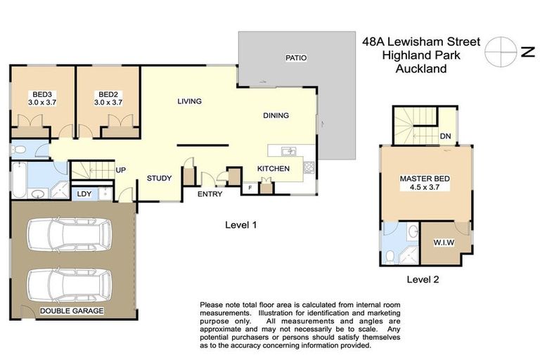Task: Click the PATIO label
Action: pyautogui.click(x=296, y=58)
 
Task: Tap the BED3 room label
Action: pyautogui.click(x=40, y=94)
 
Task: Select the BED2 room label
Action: pyautogui.click(x=108, y=94)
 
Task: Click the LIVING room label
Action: pyautogui.click(x=189, y=101)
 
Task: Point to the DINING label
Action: pyautogui.click(x=276, y=115)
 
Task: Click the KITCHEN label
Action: pyautogui.click(x=274, y=169)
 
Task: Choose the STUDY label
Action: pyautogui.click(x=159, y=178)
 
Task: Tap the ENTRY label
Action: pyautogui.click(x=210, y=194)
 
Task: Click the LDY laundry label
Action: pyautogui.click(x=84, y=193)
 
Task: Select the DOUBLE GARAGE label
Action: pyautogui.click(x=72, y=310)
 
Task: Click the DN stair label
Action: pyautogui.click(x=445, y=136)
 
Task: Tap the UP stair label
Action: pyautogui.click(x=120, y=171)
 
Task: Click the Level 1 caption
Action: pyautogui.click(x=240, y=225)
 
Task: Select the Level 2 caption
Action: pyautogui.click(x=423, y=279)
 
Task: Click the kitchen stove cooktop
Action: pyautogui.click(x=308, y=168)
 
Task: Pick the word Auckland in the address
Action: pyautogui.click(x=421, y=68)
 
